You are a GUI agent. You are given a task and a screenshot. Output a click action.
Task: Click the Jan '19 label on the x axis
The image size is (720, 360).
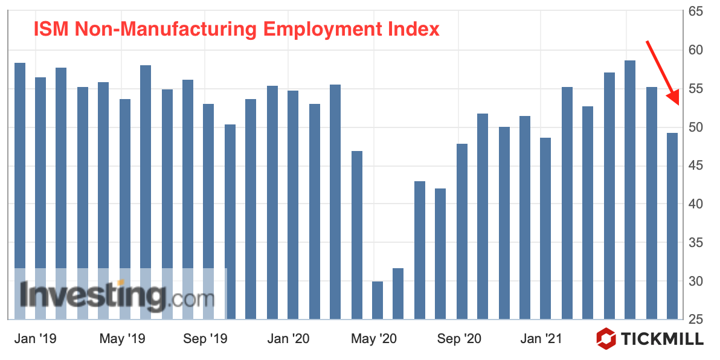click(35, 339)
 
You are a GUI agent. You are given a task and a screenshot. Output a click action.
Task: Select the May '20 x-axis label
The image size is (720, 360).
click(374, 339)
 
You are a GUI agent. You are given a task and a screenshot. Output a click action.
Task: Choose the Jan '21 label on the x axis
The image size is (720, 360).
click(541, 339)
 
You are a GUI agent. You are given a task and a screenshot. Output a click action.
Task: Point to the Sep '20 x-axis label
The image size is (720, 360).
click(458, 339)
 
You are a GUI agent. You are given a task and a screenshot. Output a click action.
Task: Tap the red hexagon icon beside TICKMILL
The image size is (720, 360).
click(606, 338)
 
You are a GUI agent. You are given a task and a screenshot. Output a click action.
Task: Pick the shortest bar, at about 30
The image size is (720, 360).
click(378, 300)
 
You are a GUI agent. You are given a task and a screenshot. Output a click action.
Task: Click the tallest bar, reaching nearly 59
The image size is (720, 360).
click(630, 190)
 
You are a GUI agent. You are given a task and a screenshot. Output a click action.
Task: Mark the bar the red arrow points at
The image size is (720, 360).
click(672, 226)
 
